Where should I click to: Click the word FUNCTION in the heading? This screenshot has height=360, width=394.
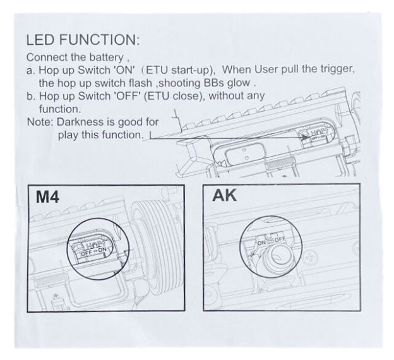click(98, 40)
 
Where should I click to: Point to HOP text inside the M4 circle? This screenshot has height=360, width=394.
click(95, 244)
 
